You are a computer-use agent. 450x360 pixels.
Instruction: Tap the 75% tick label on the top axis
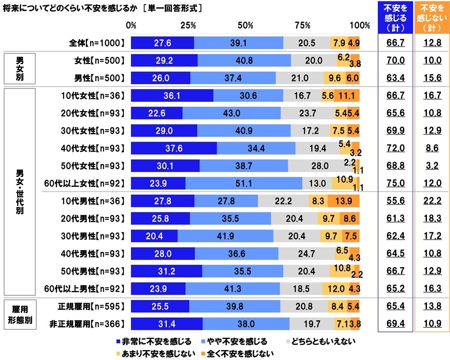pyautogui.click(x=303, y=25)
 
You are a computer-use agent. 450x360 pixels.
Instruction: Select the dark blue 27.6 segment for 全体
pyautogui.click(x=162, y=43)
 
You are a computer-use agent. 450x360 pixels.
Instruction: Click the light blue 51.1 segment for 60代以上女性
pyautogui.click(x=244, y=183)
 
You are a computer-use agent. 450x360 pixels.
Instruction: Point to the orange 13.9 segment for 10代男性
pyautogui.click(x=343, y=201)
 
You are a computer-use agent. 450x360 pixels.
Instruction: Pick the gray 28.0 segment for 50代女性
pyautogui.click(x=319, y=166)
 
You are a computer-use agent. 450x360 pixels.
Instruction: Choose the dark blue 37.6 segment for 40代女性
pyautogui.click(x=174, y=148)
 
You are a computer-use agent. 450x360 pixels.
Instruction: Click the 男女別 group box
pyautogui.click(x=19, y=69)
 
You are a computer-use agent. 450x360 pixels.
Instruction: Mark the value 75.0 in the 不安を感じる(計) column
pyautogui.click(x=396, y=183)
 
